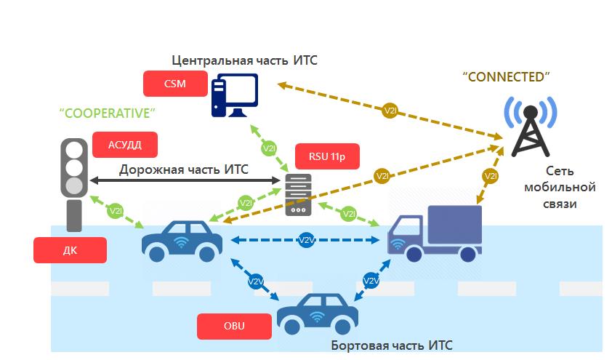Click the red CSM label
point(174,84)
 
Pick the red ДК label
point(70,250)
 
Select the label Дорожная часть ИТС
point(184,169)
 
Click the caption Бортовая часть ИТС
point(392,345)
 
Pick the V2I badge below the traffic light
point(116,212)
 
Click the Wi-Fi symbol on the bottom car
point(316,316)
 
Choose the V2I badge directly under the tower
point(491,176)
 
